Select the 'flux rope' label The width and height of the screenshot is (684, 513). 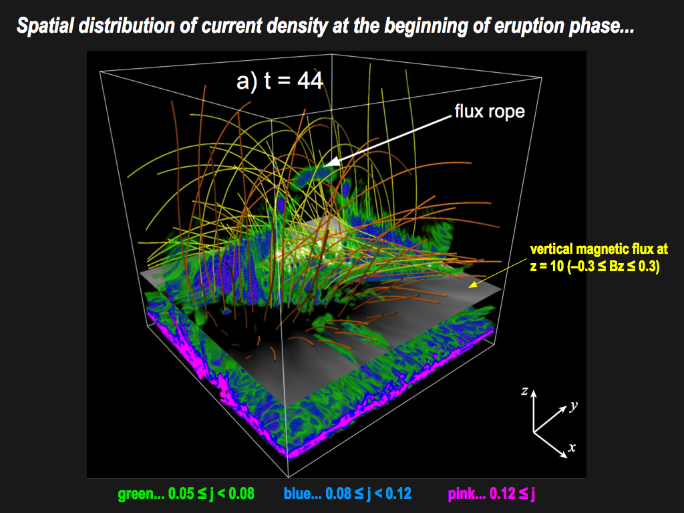pyautogui.click(x=490, y=112)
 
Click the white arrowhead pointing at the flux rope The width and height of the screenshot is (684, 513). pyautogui.click(x=331, y=162)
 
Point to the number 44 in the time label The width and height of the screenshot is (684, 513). pyautogui.click(x=310, y=81)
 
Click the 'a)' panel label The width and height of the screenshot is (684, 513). pyautogui.click(x=247, y=81)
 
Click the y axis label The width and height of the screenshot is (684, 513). pyautogui.click(x=573, y=405)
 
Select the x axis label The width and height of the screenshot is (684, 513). pyautogui.click(x=572, y=447)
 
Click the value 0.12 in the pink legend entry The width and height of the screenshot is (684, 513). pyautogui.click(x=503, y=494)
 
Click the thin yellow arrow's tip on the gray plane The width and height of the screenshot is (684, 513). pyautogui.click(x=470, y=287)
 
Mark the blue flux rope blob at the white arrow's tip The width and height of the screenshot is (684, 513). pyautogui.click(x=312, y=175)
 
